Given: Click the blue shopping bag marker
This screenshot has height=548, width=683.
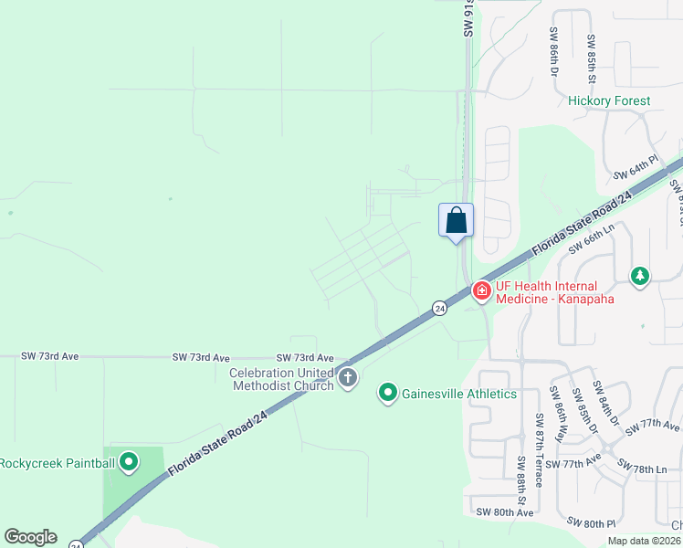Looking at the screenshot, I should pyautogui.click(x=457, y=221).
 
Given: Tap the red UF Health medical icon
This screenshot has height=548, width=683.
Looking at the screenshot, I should pyautogui.click(x=480, y=290).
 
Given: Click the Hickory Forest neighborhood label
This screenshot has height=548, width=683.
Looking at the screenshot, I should pyautogui.click(x=609, y=100).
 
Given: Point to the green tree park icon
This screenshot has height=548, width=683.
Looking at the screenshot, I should pyautogui.click(x=641, y=275).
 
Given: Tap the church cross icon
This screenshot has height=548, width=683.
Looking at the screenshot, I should pyautogui.click(x=346, y=377).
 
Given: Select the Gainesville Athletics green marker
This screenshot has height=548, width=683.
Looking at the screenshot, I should pyautogui.click(x=388, y=394).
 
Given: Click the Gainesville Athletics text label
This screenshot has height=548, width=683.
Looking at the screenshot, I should pyautogui.click(x=457, y=394).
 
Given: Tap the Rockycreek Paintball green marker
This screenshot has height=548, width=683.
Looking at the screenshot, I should pyautogui.click(x=129, y=462).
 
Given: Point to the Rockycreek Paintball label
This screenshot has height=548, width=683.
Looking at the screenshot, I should pyautogui.click(x=58, y=463).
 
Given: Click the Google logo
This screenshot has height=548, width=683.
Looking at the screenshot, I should pyautogui.click(x=30, y=537).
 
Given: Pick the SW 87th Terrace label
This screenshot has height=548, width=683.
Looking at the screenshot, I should pyautogui.click(x=539, y=461).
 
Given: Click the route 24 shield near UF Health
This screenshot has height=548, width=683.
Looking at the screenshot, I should pyautogui.click(x=440, y=308).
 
